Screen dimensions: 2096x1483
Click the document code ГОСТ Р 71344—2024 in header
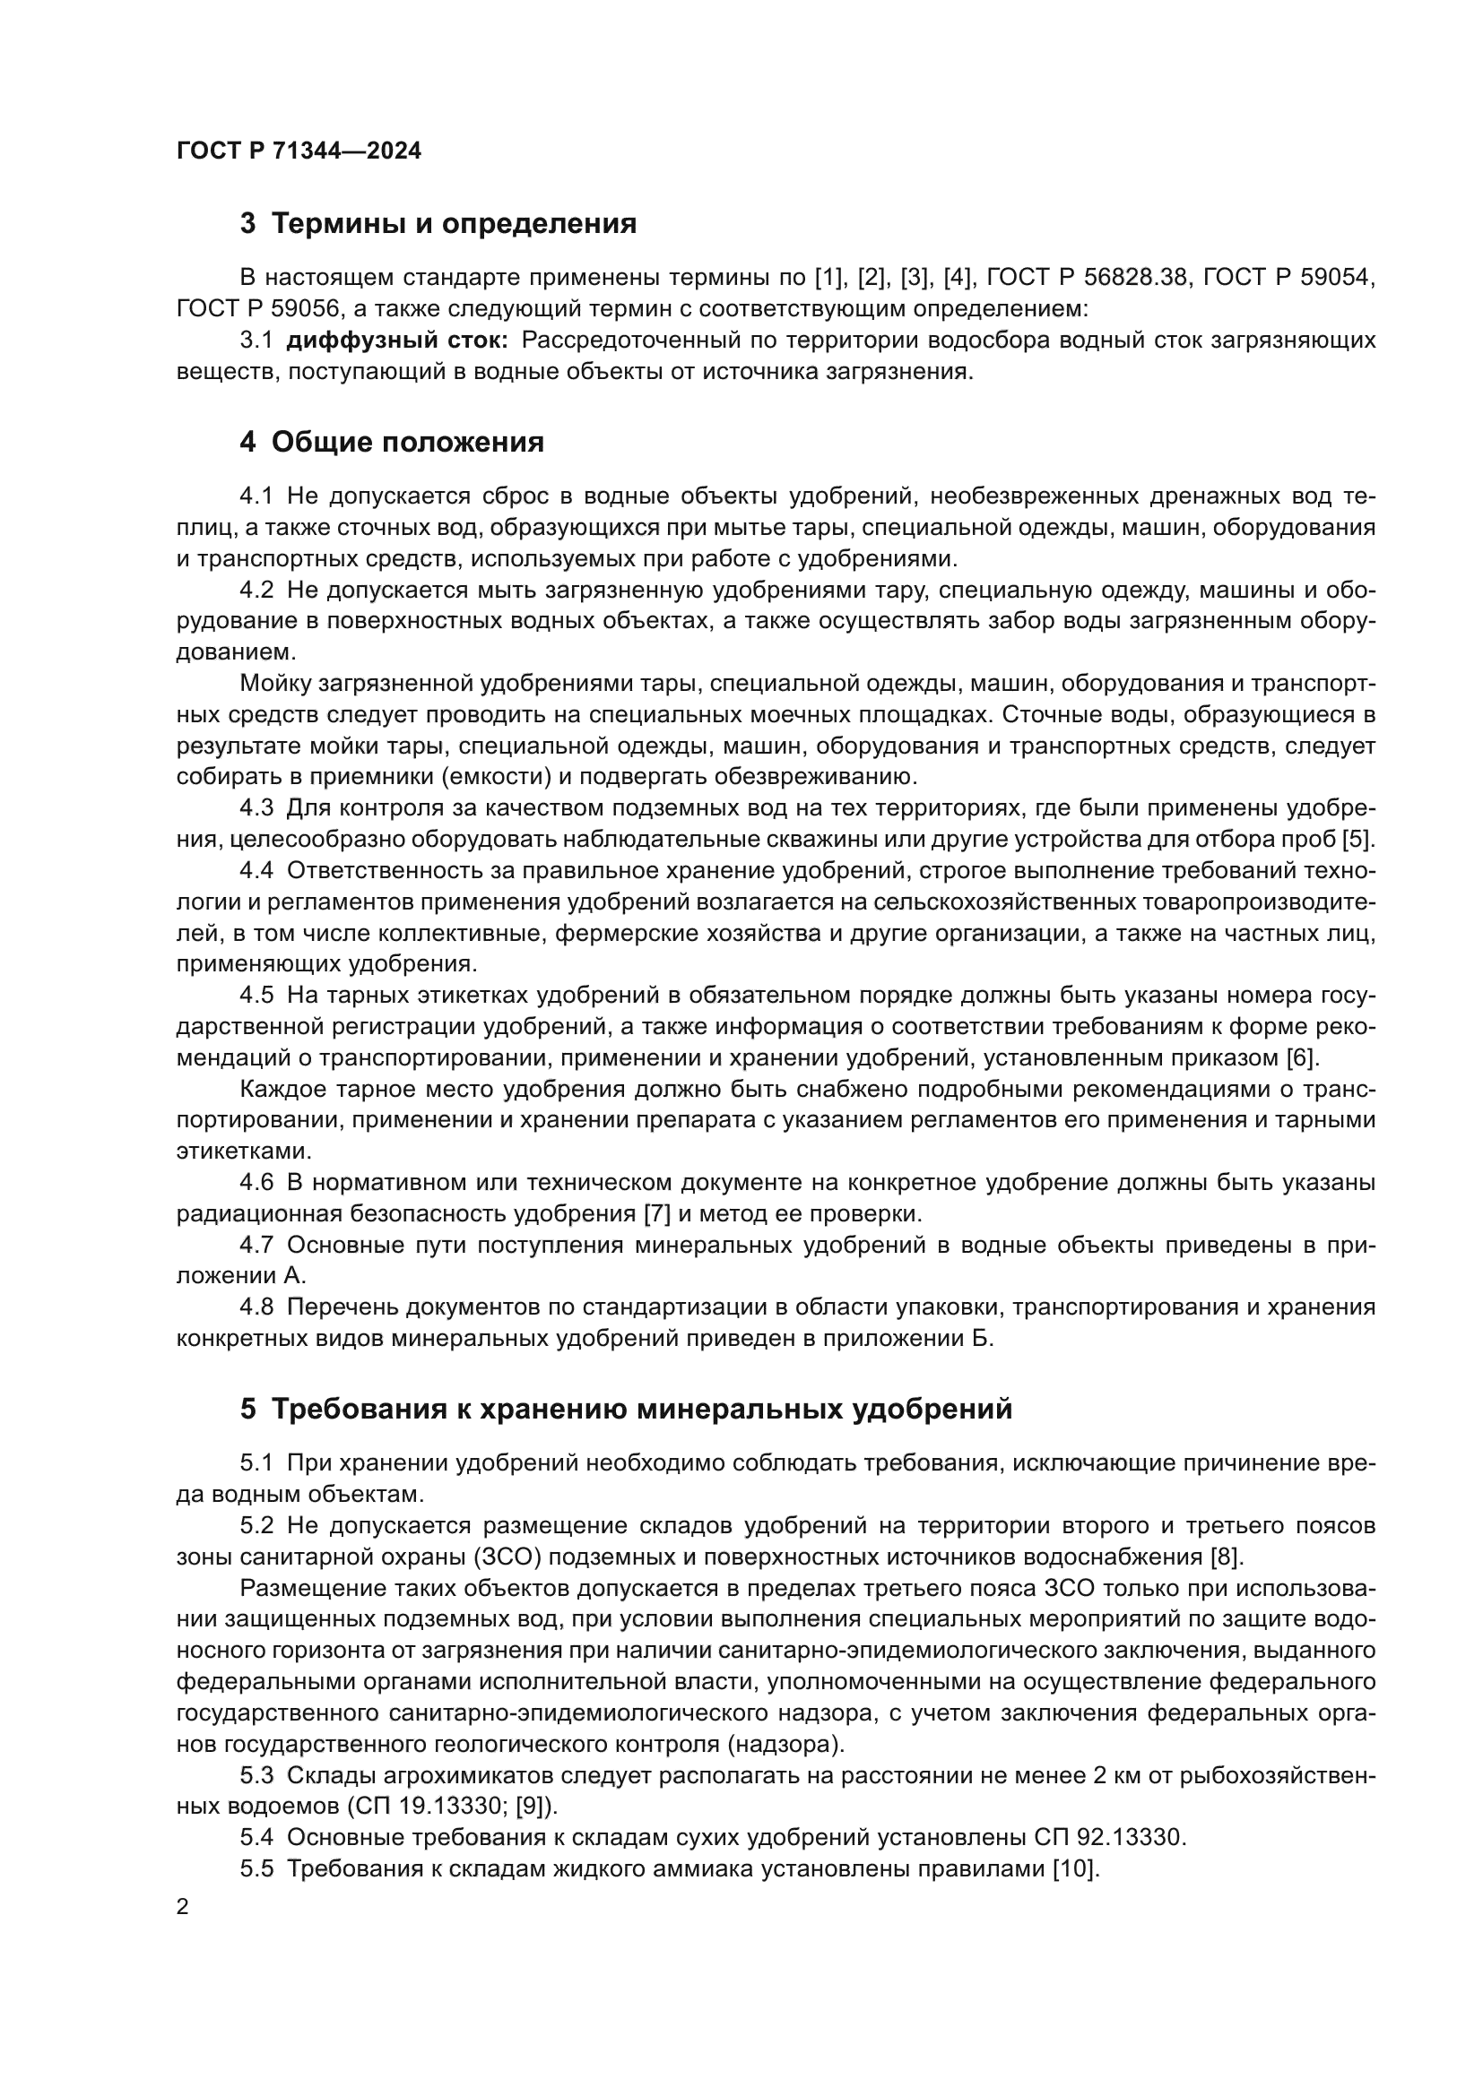(x=299, y=151)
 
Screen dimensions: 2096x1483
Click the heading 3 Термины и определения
(x=438, y=224)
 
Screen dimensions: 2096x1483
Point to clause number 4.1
(x=256, y=496)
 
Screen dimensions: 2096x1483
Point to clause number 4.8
(x=256, y=1307)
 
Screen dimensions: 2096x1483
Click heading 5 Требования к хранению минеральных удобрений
(x=626, y=1410)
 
